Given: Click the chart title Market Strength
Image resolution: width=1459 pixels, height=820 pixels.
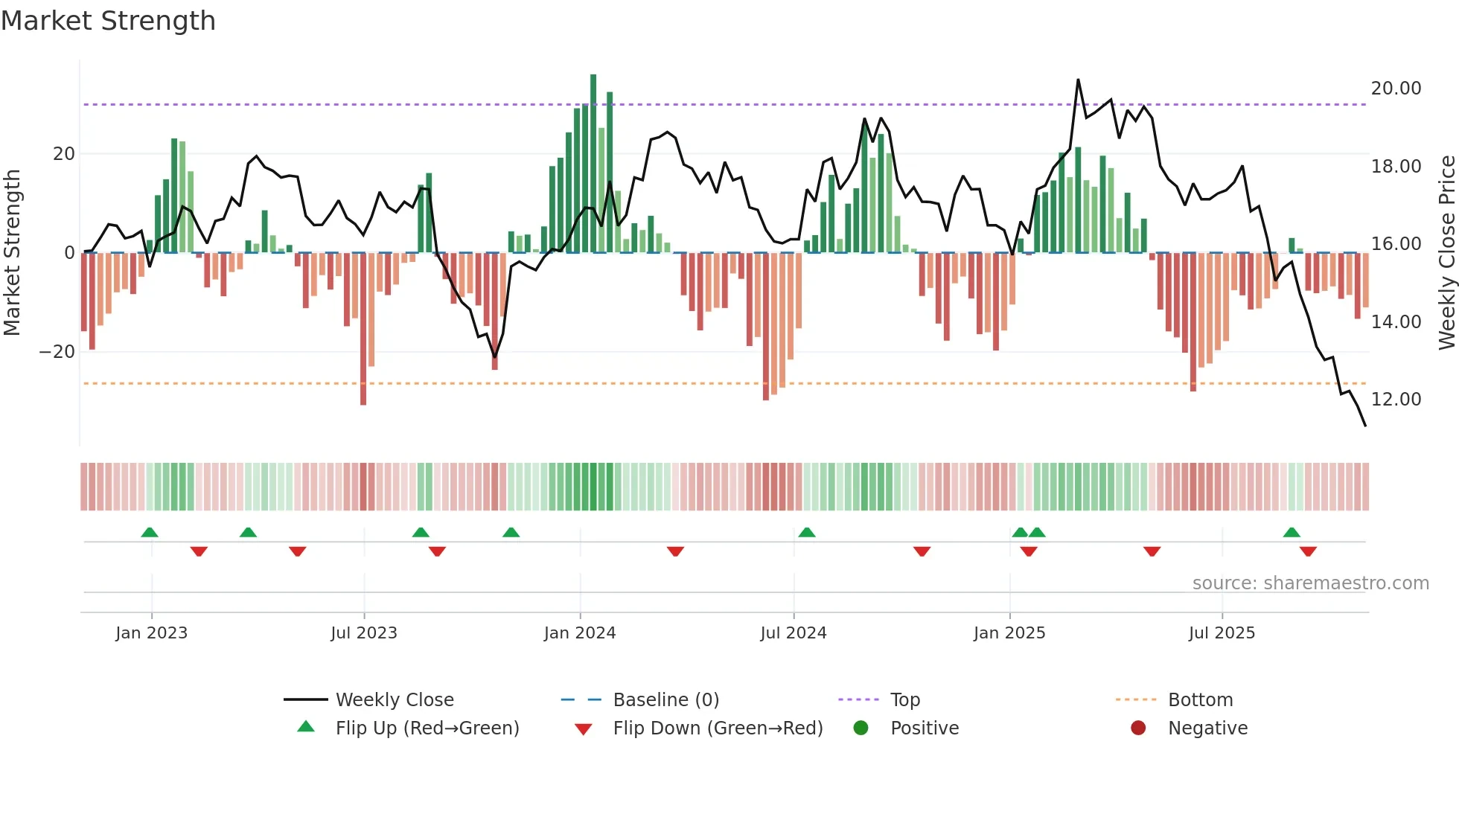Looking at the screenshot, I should tap(108, 21).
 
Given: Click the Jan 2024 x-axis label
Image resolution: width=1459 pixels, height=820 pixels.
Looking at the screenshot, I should tap(580, 633).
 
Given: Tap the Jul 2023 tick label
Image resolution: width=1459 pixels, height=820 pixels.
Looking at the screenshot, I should tap(364, 633).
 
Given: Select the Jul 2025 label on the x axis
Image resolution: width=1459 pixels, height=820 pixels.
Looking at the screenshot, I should tap(1222, 633).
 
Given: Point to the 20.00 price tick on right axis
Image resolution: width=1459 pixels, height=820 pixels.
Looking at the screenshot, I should tap(1396, 89).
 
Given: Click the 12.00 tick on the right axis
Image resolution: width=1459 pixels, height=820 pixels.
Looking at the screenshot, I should tap(1396, 400).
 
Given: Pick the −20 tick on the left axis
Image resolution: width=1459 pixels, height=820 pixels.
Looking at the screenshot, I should tap(57, 352).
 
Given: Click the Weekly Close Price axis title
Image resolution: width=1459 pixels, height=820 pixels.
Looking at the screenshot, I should tap(1446, 253).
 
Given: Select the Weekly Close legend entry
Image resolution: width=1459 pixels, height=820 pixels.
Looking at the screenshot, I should tap(394, 700).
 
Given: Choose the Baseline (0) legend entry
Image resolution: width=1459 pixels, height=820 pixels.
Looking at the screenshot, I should tap(665, 700).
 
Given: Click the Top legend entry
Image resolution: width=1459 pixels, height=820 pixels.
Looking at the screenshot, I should tap(904, 700).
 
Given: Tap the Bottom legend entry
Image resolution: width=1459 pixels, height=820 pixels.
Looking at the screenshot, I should tap(1200, 700).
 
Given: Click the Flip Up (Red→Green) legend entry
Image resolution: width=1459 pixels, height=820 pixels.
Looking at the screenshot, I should tap(427, 728).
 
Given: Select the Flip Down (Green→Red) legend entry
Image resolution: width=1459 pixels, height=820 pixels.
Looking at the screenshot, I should tap(718, 728).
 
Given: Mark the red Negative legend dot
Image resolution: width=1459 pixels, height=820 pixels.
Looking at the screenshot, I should tap(1138, 728).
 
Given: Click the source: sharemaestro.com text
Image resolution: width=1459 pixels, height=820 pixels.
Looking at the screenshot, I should tap(1310, 583).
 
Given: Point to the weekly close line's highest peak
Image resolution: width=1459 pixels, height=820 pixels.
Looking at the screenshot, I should tap(1078, 80).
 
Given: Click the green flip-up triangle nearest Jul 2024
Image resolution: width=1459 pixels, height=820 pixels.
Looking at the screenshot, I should tap(807, 533).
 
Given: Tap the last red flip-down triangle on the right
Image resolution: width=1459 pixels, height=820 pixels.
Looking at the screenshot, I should tap(1308, 551).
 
